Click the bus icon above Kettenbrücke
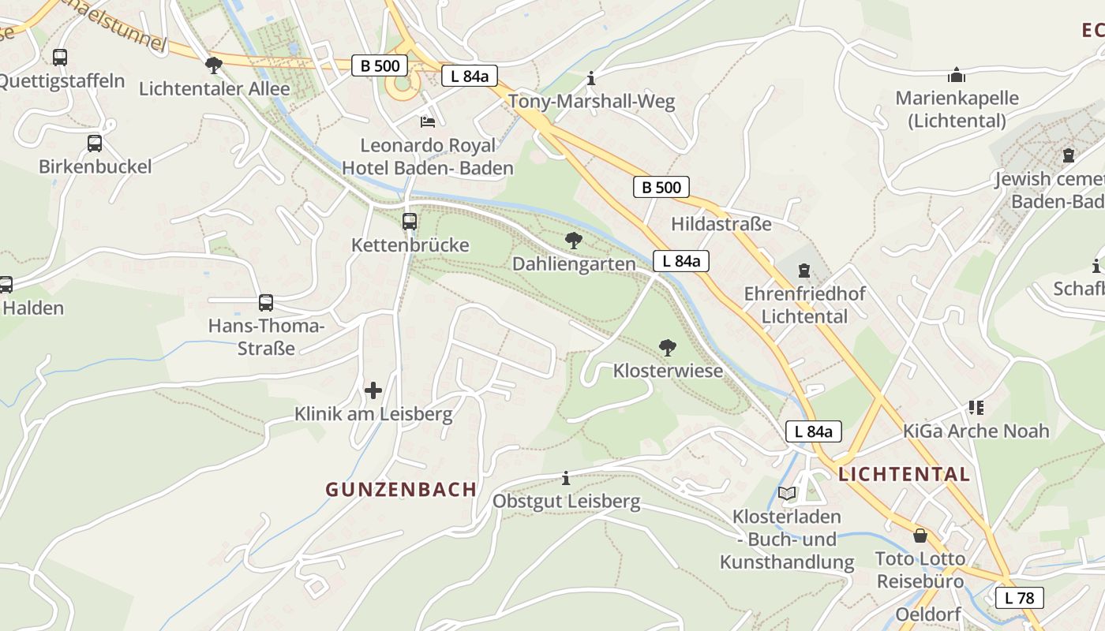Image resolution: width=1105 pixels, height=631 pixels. (x=409, y=222)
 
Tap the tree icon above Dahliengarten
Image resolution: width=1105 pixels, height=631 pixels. (x=574, y=240)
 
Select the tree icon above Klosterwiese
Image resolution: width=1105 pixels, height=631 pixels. (x=668, y=347)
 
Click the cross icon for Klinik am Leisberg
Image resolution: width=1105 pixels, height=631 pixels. (x=373, y=390)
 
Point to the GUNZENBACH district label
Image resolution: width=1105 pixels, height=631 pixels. (x=401, y=489)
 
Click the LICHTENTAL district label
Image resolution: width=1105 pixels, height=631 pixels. (x=904, y=474)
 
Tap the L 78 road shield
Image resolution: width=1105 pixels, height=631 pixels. (x=1019, y=598)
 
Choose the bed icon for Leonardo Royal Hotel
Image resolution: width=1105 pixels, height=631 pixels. (x=428, y=122)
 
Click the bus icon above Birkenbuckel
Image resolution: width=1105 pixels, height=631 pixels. (x=95, y=144)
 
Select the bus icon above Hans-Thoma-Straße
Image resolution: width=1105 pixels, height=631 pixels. (x=266, y=303)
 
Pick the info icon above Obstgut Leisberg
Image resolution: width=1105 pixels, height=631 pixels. (x=566, y=478)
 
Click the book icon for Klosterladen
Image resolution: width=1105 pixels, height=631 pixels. (x=787, y=494)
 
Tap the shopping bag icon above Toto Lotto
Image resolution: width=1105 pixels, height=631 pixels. (x=920, y=536)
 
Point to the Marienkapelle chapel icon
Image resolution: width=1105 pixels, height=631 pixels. (x=957, y=75)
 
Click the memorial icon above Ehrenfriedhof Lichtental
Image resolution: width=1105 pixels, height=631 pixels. (x=804, y=271)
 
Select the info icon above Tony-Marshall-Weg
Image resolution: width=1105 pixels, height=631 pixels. (x=591, y=78)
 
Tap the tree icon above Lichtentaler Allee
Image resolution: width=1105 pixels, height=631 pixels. (x=213, y=65)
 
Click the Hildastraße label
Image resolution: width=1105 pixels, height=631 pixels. (x=721, y=224)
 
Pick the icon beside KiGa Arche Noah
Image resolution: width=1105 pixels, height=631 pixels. (x=976, y=408)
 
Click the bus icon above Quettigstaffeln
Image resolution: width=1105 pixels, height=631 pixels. (x=60, y=58)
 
